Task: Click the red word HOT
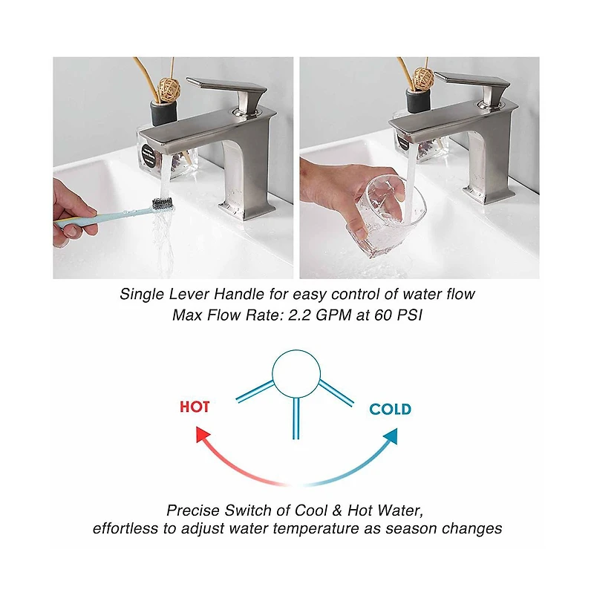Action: (195, 407)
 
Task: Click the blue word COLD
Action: (390, 409)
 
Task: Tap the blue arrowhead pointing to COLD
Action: (391, 436)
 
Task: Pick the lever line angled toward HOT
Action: (255, 391)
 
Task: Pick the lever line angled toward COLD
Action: (336, 392)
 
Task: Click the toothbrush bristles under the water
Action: (163, 201)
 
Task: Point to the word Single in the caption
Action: (140, 294)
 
